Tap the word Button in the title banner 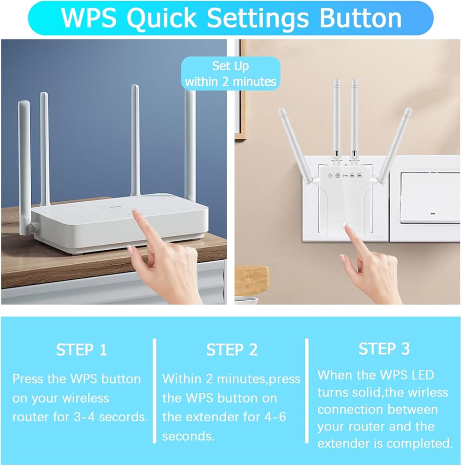click(x=360, y=18)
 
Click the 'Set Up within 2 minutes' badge click(x=231, y=74)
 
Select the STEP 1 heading click(x=82, y=349)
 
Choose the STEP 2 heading click(x=232, y=349)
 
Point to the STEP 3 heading click(x=384, y=349)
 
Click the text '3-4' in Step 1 click(x=84, y=417)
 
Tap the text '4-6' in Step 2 click(x=275, y=417)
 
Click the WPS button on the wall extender click(x=345, y=225)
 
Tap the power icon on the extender click(x=330, y=176)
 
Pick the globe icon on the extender click(x=337, y=176)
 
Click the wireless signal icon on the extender click(x=345, y=176)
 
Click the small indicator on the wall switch click(x=433, y=214)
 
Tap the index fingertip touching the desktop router click(x=136, y=212)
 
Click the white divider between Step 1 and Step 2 click(x=154, y=391)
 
